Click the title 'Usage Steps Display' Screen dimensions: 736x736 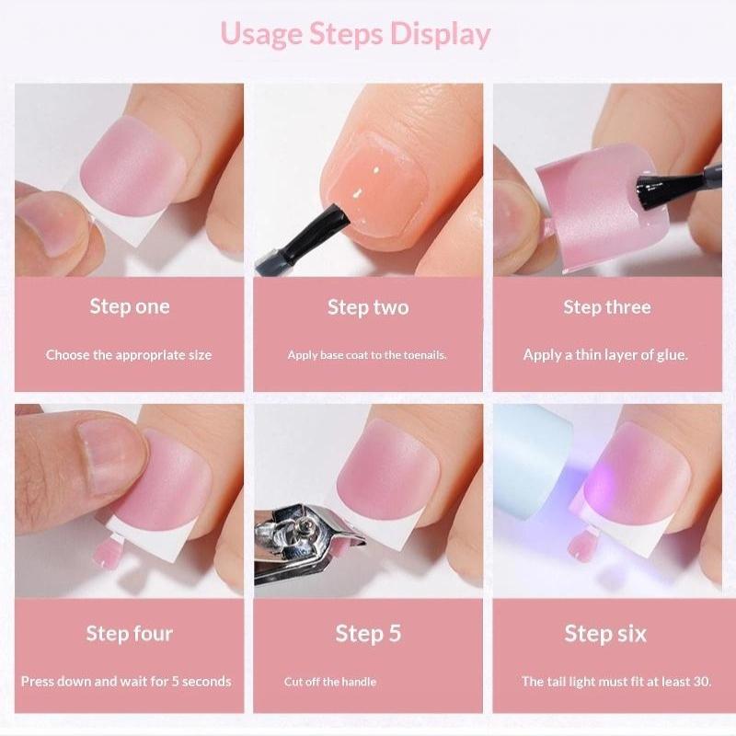(355, 35)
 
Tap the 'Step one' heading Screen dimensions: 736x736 (130, 306)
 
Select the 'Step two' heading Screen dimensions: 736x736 (368, 307)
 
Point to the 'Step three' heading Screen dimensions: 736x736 (607, 307)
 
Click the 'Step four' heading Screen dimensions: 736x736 (130, 634)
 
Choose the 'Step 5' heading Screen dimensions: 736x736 (368, 634)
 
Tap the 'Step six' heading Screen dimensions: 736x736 (605, 634)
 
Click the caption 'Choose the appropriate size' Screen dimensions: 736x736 (129, 355)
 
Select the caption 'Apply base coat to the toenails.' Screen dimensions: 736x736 (367, 355)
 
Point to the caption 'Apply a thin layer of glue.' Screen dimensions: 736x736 (605, 355)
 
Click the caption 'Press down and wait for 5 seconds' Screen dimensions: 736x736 (126, 682)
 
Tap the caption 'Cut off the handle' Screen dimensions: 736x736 (330, 682)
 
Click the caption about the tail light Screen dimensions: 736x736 (616, 682)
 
